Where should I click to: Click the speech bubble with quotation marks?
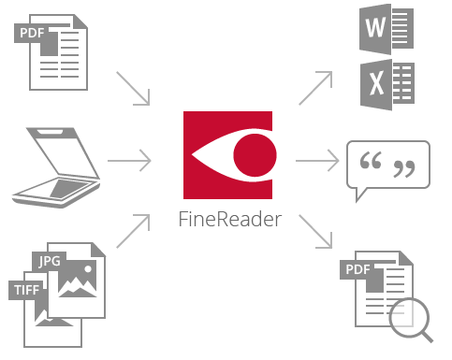coord(387,169)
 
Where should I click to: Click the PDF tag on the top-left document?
coord(32,34)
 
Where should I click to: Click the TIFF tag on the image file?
coord(27,289)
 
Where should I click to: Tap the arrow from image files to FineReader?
coord(134,230)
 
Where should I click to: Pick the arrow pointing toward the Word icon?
coord(314,88)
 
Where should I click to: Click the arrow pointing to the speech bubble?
coord(317,161)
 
